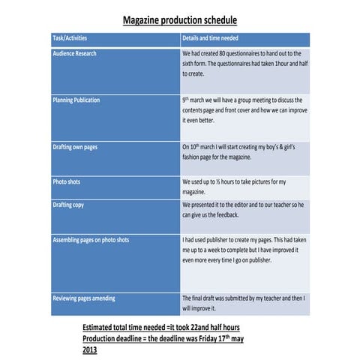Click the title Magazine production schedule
179,20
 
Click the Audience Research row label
74,54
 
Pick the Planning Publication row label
76,100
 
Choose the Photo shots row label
66,181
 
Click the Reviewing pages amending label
84,298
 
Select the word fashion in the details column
195,157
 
